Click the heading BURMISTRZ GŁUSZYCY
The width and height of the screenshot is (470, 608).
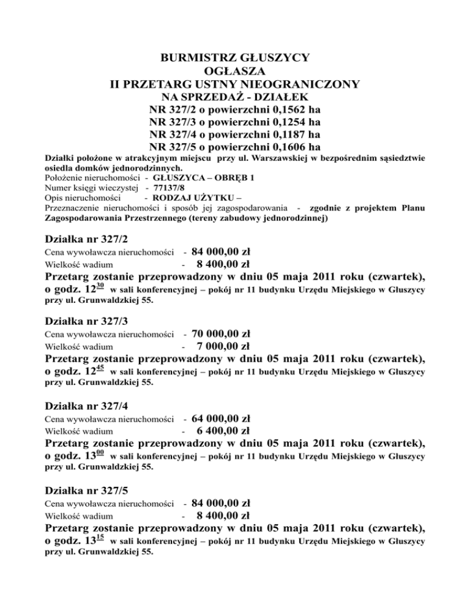tap(234, 58)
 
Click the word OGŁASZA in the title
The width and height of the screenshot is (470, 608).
tap(234, 72)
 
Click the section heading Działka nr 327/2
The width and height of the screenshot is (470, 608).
tap(87, 238)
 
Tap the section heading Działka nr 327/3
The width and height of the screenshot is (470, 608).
tap(87, 322)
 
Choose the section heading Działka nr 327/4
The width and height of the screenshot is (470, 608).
tap(87, 406)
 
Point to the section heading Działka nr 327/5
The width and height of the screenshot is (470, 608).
tap(87, 490)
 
